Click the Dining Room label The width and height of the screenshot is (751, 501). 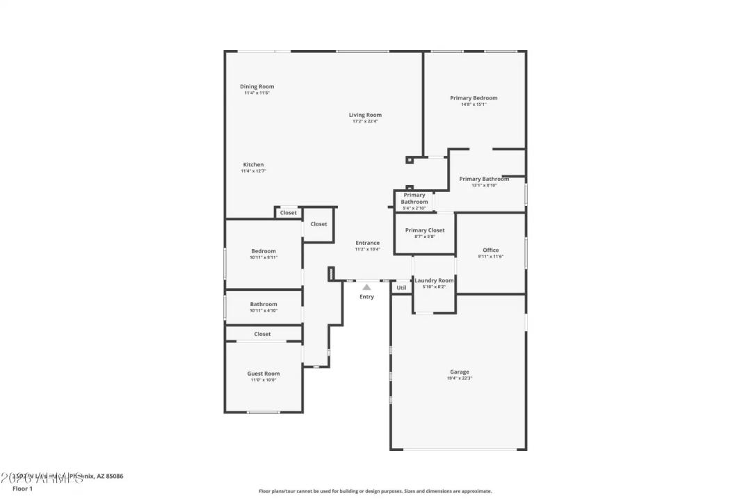[x=257, y=87]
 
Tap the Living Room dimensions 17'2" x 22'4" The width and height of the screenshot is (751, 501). [x=365, y=122]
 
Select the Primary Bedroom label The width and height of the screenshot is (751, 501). [x=474, y=98]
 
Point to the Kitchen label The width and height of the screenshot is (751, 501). [x=253, y=165]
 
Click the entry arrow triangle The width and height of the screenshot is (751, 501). [x=366, y=287]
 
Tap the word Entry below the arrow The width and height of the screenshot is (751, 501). [x=366, y=297]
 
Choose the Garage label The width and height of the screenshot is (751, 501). [x=459, y=372]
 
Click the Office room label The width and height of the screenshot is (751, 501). [x=490, y=250]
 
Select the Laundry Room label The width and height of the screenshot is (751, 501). [x=434, y=280]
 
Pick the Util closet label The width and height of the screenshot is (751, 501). [x=401, y=287]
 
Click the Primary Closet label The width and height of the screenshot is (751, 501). [x=425, y=230]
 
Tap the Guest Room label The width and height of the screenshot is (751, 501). [x=264, y=374]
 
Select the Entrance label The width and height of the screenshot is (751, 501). [x=367, y=243]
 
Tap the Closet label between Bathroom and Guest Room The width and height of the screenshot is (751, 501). [x=262, y=334]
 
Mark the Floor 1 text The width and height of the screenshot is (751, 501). [x=22, y=489]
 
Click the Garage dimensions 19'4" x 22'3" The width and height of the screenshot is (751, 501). [x=459, y=379]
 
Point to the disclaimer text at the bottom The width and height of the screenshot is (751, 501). [x=375, y=491]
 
